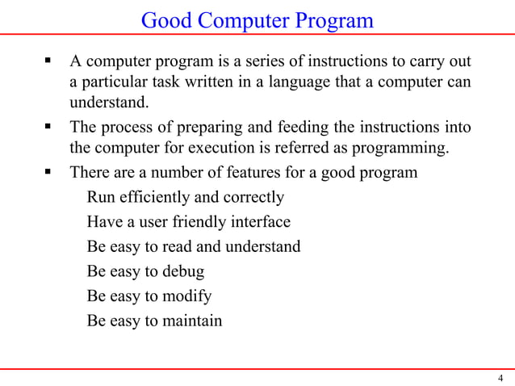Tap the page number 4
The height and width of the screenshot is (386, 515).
[500, 378]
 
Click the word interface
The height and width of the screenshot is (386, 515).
[263, 221]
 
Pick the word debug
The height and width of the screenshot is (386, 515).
[183, 271]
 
